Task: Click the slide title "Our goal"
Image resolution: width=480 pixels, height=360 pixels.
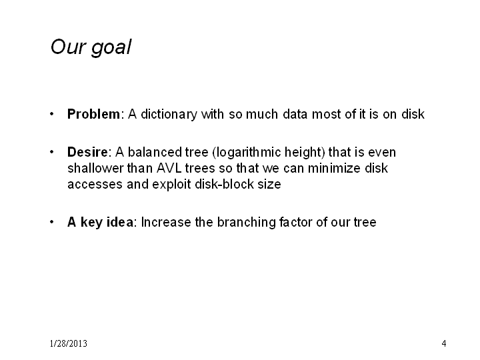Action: pyautogui.click(x=91, y=48)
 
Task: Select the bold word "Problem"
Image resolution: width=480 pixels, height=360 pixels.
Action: pyautogui.click(x=94, y=114)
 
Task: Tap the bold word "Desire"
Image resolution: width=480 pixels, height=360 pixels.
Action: pyautogui.click(x=87, y=152)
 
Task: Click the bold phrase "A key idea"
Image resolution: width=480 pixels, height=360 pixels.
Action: pyautogui.click(x=100, y=222)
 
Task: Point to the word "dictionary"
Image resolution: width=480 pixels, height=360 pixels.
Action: pyautogui.click(x=169, y=115)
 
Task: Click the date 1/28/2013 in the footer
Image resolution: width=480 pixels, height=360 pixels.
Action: pyautogui.click(x=69, y=343)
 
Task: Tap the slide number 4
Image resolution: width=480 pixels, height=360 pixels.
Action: pyautogui.click(x=444, y=343)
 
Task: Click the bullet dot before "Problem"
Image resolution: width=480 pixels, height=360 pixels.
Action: pyautogui.click(x=52, y=114)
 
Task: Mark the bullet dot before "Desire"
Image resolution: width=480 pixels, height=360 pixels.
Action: pyautogui.click(x=52, y=152)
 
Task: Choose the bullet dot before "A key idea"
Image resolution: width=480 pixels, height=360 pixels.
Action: pyautogui.click(x=52, y=222)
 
